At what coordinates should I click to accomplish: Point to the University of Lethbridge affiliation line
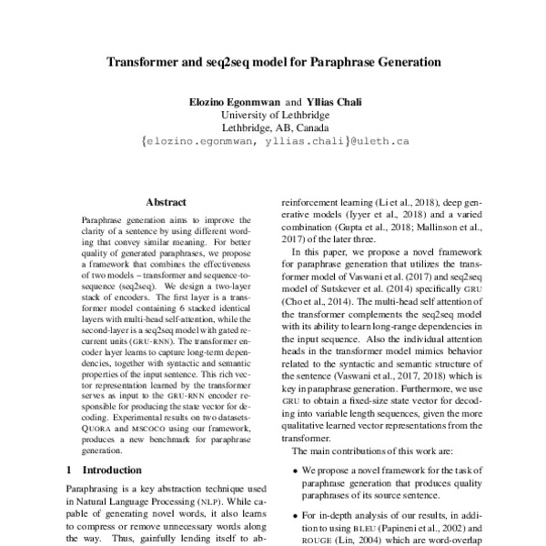273,115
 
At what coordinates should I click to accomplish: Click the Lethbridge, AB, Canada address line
273,128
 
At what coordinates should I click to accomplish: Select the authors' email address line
273,142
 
